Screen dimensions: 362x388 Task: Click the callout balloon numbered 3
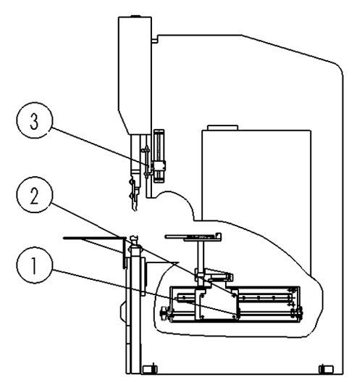(x=35, y=120)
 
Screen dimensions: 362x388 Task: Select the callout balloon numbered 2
(x=35, y=195)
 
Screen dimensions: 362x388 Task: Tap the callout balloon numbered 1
(x=35, y=265)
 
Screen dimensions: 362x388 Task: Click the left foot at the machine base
(x=150, y=370)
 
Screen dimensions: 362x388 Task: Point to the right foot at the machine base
(x=326, y=370)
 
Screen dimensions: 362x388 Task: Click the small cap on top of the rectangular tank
(x=222, y=128)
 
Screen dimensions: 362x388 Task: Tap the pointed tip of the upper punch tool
(x=135, y=210)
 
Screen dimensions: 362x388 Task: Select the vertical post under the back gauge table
(x=201, y=255)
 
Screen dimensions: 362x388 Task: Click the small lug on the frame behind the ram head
(x=155, y=40)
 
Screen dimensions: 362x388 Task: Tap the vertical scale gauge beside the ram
(x=159, y=156)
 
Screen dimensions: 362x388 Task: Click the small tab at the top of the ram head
(x=135, y=17)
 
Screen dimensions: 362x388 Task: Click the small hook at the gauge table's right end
(x=219, y=235)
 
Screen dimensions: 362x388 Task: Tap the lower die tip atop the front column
(x=135, y=239)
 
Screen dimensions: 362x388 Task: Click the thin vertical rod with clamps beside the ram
(x=147, y=162)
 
